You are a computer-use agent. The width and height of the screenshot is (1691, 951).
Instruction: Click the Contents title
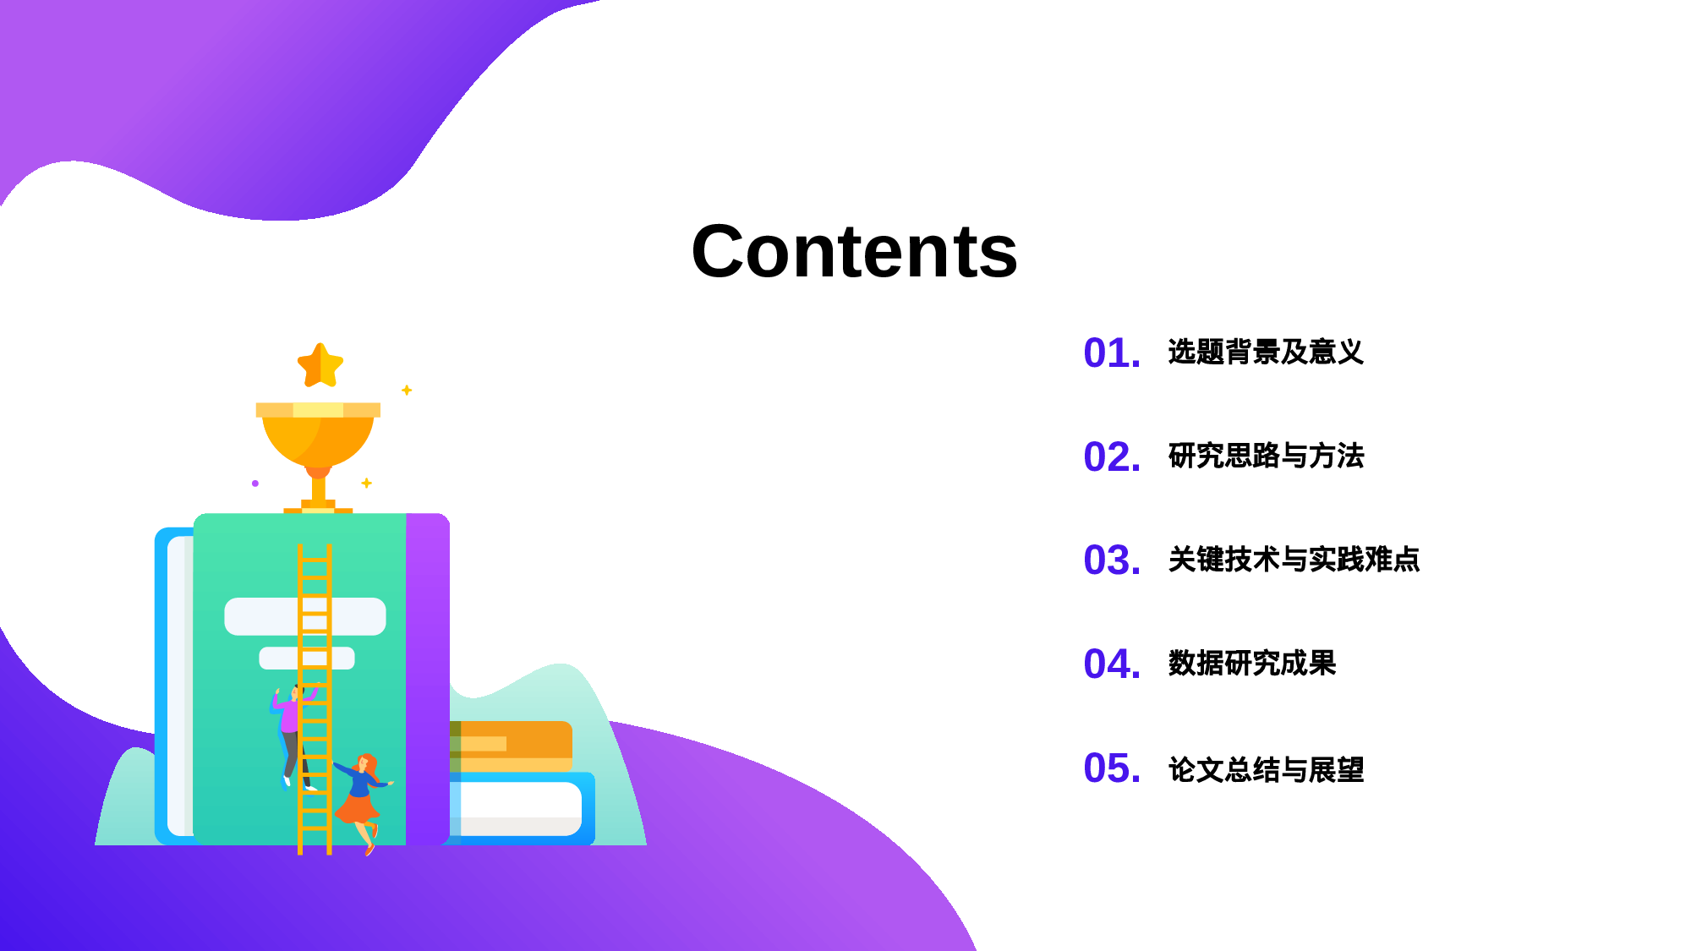[x=854, y=251]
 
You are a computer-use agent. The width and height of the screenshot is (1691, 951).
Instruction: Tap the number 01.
[x=1111, y=353]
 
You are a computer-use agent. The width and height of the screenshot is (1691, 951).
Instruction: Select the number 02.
[x=1111, y=457]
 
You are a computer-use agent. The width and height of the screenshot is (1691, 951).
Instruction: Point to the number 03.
[x=1111, y=560]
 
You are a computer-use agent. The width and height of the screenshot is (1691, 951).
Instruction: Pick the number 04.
[x=1111, y=664]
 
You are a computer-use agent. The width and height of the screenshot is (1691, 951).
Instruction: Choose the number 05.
[x=1111, y=768]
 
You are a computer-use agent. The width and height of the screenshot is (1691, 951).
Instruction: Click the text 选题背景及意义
[x=1265, y=352]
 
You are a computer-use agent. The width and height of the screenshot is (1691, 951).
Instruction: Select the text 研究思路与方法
[x=1265, y=456]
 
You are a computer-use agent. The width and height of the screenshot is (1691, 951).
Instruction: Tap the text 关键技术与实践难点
[x=1293, y=560]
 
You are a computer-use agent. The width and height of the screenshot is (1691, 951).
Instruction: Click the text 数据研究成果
[x=1251, y=664]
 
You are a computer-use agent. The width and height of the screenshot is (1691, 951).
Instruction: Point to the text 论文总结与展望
[x=1265, y=769]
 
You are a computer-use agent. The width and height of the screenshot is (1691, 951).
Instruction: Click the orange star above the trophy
[x=320, y=366]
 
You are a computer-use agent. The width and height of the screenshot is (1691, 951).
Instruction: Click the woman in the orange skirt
[x=361, y=799]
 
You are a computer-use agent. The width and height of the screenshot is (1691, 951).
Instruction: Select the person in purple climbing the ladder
[x=290, y=727]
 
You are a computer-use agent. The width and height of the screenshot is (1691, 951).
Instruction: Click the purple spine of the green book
[x=427, y=676]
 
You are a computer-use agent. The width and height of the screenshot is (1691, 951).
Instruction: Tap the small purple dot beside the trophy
[x=255, y=484]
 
